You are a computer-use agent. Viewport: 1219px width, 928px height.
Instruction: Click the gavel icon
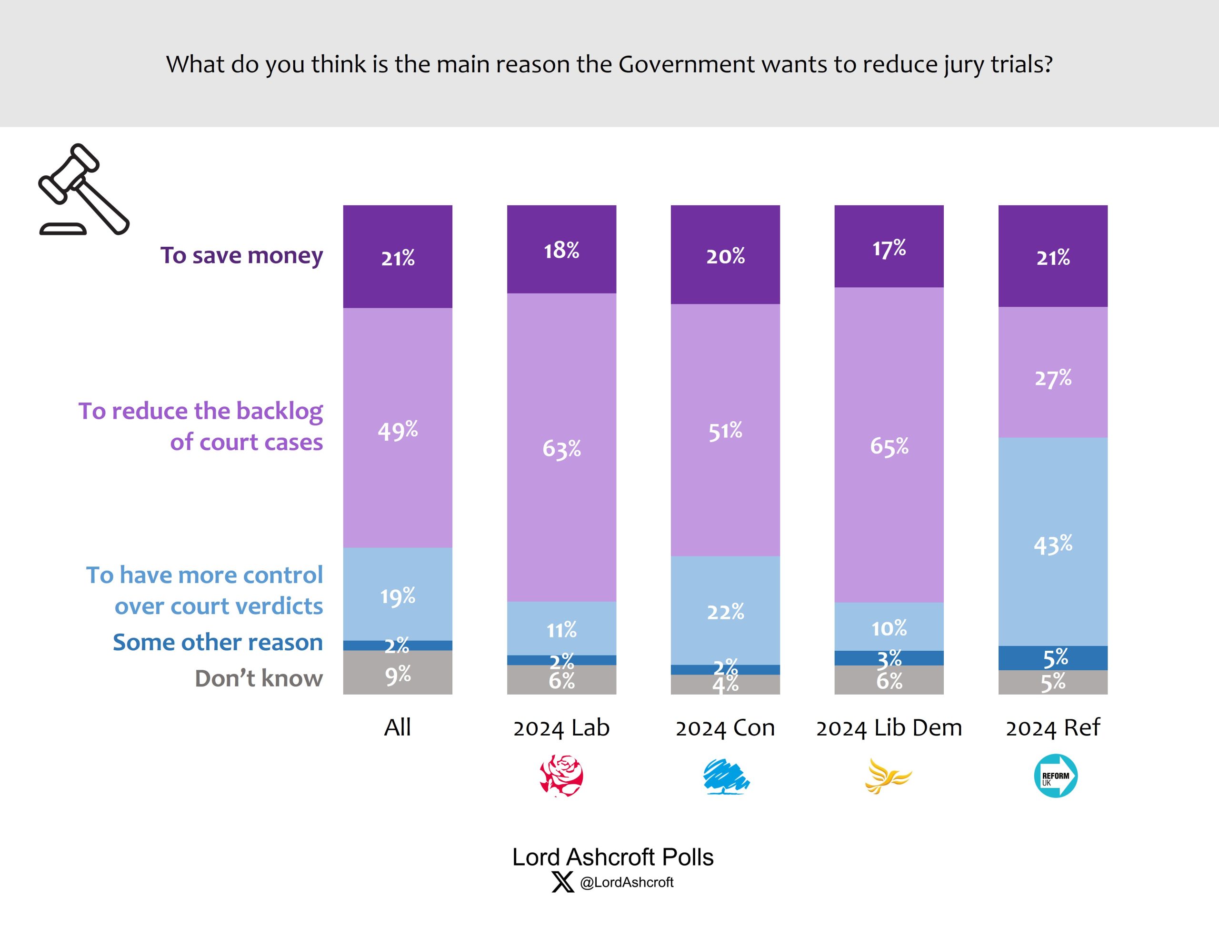click(x=83, y=190)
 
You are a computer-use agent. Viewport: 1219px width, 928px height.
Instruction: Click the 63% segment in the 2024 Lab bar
click(x=561, y=447)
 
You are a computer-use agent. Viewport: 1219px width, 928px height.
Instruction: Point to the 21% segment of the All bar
click(x=398, y=257)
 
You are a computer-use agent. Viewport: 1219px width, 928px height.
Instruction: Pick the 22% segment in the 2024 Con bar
click(x=725, y=610)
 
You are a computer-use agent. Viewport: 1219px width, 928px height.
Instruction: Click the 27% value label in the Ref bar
click(x=1052, y=378)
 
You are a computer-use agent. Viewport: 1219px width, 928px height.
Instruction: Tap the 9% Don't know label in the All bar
click(x=398, y=675)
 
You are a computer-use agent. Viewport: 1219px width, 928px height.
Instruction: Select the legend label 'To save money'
click(x=241, y=255)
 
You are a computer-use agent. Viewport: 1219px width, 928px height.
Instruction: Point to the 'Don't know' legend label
click(x=259, y=678)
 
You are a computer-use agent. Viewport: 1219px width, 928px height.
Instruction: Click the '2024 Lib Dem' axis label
click(x=889, y=727)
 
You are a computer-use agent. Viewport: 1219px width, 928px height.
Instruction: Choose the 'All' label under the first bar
click(x=398, y=727)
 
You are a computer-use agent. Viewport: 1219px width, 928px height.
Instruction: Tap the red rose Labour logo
click(x=561, y=776)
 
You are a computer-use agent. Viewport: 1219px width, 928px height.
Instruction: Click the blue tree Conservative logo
click(x=725, y=776)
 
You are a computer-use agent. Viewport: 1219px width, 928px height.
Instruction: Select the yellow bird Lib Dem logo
click(x=887, y=776)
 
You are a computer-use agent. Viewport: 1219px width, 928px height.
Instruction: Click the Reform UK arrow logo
click(x=1055, y=776)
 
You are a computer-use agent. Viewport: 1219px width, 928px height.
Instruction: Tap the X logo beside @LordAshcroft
click(x=562, y=882)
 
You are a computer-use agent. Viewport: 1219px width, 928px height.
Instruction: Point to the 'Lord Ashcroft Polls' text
click(x=612, y=857)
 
